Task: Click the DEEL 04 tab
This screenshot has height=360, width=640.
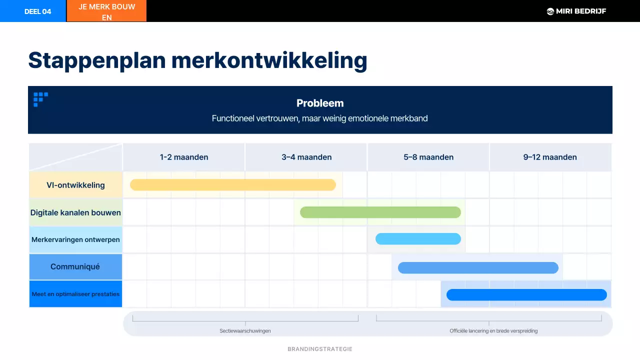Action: point(37,11)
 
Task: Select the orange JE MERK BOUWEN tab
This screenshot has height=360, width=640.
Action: point(106,11)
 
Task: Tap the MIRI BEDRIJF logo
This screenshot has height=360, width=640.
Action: point(576,11)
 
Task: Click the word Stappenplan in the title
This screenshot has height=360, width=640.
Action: point(96,60)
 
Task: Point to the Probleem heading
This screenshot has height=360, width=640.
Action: point(320,103)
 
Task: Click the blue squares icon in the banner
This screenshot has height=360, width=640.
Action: point(40,99)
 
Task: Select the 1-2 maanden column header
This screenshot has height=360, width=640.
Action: point(184,157)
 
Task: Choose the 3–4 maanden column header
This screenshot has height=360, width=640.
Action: point(306,157)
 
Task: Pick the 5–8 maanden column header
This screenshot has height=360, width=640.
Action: point(428,157)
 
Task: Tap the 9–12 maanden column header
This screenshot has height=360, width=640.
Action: point(550,157)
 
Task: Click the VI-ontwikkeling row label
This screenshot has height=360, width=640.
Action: point(75,185)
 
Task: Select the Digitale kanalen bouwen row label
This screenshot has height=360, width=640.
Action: point(75,212)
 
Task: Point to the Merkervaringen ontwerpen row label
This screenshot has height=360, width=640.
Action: point(75,239)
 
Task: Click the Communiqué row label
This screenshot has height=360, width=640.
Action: point(75,266)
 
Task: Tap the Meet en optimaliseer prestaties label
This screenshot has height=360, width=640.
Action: point(75,294)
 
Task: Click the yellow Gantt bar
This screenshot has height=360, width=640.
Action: point(232,185)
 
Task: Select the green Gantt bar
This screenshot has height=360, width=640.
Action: point(380,212)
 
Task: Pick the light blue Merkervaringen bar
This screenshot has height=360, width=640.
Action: point(418,239)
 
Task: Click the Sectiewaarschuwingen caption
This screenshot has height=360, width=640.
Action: point(245,331)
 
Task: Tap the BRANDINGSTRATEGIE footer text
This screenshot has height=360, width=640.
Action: point(320,349)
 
